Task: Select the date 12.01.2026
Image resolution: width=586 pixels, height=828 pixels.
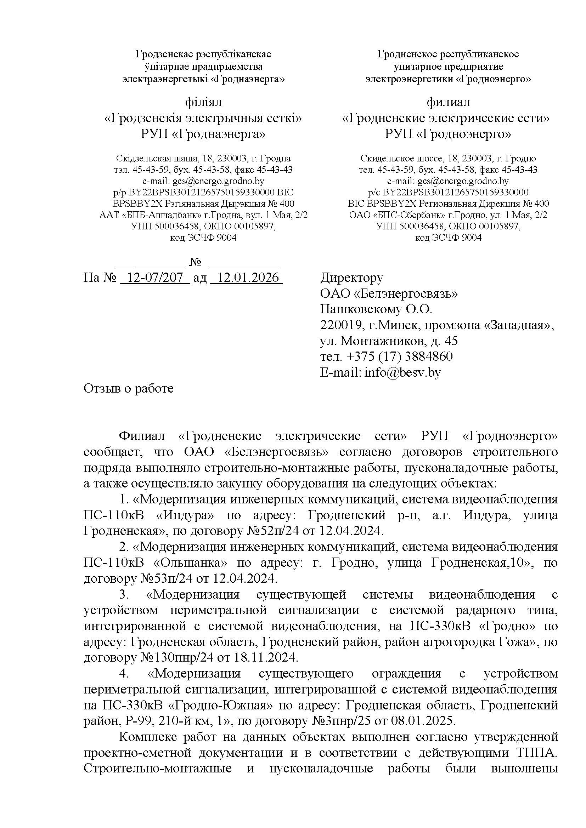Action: (247, 278)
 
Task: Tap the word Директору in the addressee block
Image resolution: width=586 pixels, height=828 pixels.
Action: (352, 278)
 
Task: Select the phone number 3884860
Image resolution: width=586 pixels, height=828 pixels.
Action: (429, 357)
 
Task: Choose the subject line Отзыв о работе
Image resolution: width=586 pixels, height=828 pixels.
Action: (129, 388)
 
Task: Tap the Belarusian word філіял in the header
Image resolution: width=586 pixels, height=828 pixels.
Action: (203, 102)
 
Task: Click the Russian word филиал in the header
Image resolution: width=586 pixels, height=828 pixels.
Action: (449, 102)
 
